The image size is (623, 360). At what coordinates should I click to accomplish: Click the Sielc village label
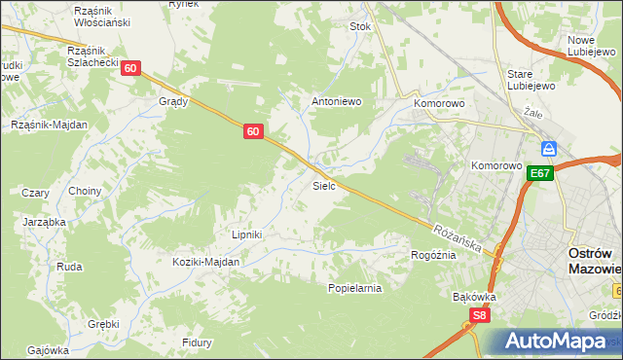324,185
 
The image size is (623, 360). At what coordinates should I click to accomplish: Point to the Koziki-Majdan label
205,262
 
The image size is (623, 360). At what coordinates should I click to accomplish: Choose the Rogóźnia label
433,255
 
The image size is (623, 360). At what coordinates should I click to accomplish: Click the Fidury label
197,342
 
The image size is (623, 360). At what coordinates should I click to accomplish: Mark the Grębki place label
103,324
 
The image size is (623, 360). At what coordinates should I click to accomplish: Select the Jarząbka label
44,222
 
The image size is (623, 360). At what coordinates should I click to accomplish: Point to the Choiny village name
85,191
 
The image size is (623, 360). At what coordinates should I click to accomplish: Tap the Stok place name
360,27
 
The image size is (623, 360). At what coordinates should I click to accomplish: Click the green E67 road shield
540,173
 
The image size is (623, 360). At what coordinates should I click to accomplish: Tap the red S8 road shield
478,315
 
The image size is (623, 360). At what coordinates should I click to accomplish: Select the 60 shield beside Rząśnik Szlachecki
132,68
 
